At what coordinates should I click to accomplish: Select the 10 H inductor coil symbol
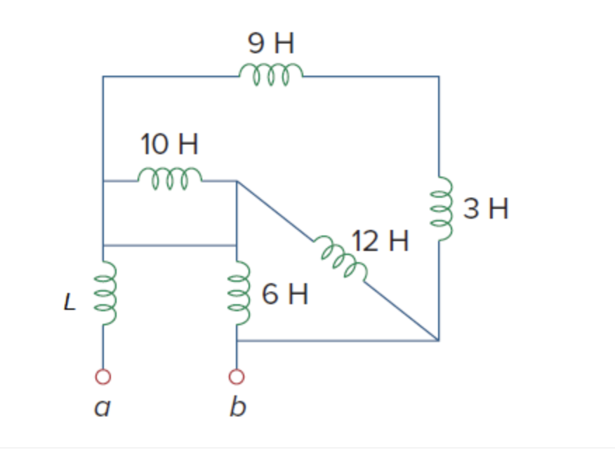pos(170,178)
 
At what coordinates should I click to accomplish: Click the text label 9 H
pos(271,44)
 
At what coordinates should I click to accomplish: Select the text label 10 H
pos(169,145)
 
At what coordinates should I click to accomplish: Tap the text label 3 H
pos(485,209)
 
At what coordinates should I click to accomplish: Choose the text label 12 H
pos(380,241)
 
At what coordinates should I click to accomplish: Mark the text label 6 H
pos(285,295)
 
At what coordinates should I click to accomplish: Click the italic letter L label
pos(68,302)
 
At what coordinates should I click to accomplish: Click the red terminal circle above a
pos(103,377)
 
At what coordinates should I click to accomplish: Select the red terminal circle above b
pos(237,377)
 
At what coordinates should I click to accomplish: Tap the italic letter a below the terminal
pos(102,407)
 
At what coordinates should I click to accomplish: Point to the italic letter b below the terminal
pos(238,406)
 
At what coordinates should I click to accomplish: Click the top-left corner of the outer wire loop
pos(103,76)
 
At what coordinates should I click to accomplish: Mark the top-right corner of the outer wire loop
pos(439,76)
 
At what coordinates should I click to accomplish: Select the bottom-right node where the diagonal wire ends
pos(439,341)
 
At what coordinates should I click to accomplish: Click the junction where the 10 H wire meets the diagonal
pos(237,182)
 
